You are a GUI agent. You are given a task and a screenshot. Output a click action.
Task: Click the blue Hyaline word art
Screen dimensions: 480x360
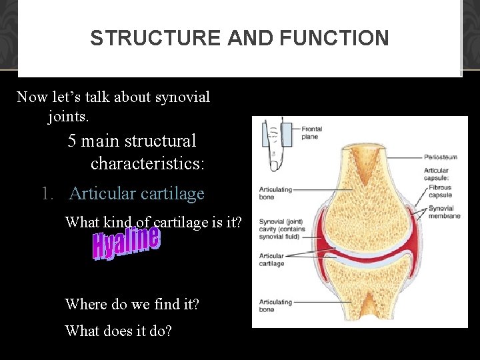coord(127,243)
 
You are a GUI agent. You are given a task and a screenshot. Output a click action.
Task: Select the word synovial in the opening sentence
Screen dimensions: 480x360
coord(182,97)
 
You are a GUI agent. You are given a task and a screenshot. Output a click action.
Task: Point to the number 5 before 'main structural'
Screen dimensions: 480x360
coord(72,141)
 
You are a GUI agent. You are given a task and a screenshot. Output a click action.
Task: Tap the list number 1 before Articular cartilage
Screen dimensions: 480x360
coord(46,194)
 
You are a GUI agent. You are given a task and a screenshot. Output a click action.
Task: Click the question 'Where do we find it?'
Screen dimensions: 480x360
coord(132,305)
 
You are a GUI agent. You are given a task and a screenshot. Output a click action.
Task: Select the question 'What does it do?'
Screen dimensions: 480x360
coord(118,330)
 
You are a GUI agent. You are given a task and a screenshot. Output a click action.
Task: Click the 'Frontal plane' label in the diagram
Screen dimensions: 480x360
coord(311,133)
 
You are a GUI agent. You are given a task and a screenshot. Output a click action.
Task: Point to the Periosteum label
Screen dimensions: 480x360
coord(441,158)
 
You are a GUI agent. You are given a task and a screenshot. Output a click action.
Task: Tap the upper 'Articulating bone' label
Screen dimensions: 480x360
coord(275,193)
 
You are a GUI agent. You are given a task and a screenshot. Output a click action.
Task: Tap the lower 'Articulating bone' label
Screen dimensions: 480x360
coord(275,305)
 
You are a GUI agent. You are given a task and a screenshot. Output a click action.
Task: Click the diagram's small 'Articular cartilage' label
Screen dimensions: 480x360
coord(271,259)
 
